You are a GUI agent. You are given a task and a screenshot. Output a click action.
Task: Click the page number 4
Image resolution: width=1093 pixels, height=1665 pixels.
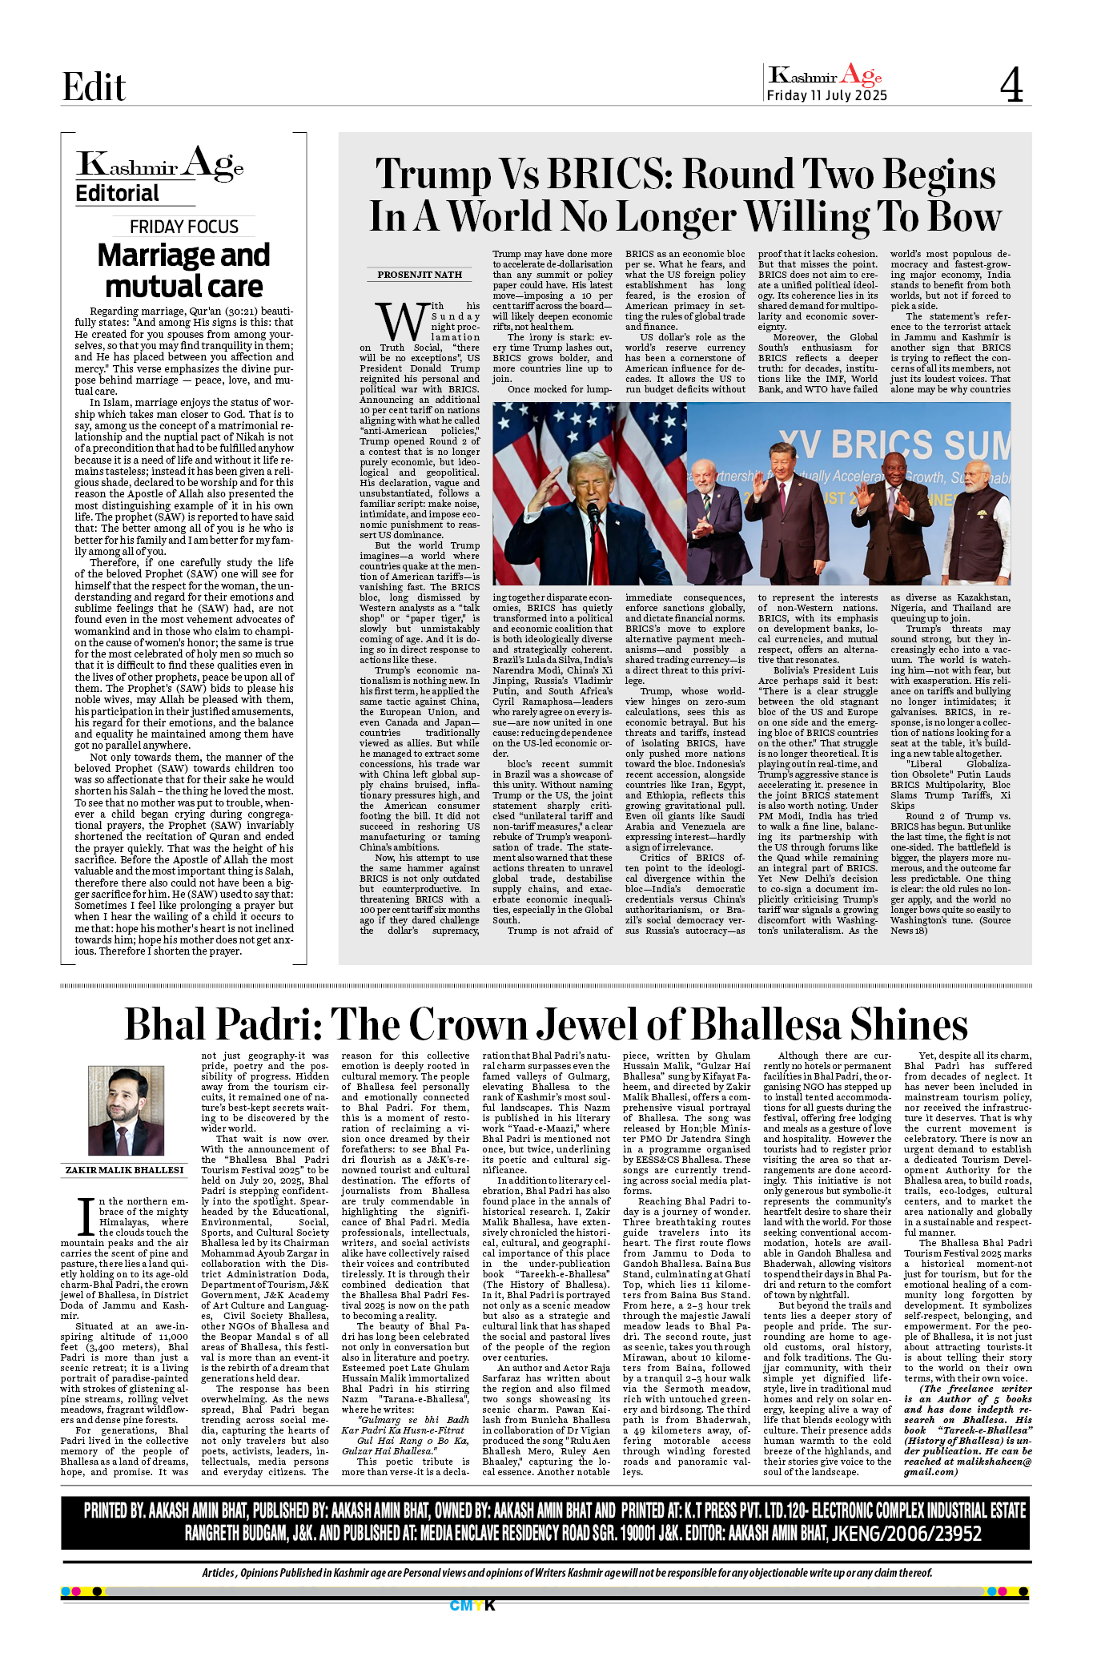pyautogui.click(x=1011, y=84)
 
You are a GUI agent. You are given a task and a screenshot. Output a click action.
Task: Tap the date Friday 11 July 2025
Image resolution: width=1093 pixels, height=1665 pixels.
pyautogui.click(x=826, y=95)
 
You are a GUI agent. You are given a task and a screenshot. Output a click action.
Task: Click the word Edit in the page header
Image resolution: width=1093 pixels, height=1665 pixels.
pyautogui.click(x=94, y=86)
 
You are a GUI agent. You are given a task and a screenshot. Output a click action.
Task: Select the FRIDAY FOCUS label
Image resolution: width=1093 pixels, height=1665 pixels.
pyautogui.click(x=184, y=227)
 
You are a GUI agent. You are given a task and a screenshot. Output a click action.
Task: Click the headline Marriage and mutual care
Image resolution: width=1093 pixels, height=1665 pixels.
pyautogui.click(x=184, y=271)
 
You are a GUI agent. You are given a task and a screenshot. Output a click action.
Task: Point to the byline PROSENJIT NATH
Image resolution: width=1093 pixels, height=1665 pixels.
pyautogui.click(x=420, y=275)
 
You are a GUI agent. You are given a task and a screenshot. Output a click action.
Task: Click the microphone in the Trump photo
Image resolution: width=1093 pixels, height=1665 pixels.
pyautogui.click(x=593, y=513)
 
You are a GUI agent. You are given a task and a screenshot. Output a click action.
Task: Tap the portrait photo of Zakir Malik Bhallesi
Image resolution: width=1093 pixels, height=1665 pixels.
pyautogui.click(x=126, y=1111)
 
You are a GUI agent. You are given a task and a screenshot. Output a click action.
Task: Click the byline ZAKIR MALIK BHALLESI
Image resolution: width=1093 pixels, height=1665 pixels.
pyautogui.click(x=124, y=1170)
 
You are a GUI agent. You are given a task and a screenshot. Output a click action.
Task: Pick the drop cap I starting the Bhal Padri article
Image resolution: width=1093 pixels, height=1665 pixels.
pyautogui.click(x=86, y=1216)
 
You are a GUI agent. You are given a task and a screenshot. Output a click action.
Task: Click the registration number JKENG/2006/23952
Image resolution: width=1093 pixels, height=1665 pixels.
pyautogui.click(x=906, y=1534)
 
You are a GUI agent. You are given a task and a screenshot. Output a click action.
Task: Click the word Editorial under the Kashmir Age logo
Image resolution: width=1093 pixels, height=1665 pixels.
pyautogui.click(x=117, y=194)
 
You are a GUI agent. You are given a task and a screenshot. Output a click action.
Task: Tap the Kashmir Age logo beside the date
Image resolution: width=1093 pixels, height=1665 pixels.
pyautogui.click(x=825, y=76)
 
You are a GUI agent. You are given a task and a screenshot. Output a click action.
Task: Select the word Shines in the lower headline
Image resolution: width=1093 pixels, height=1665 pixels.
pyautogui.click(x=908, y=1024)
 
